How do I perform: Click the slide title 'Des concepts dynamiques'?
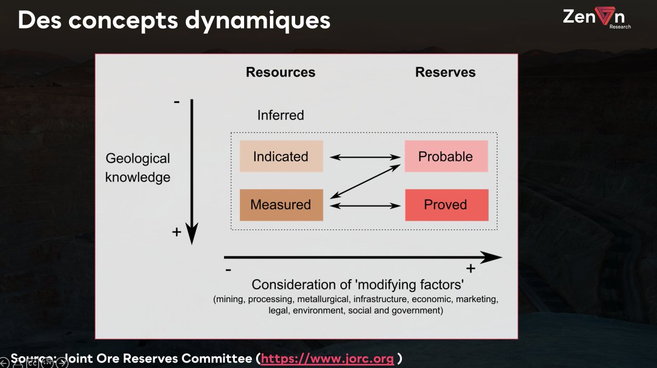coord(174,20)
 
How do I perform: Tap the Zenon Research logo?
coord(596,19)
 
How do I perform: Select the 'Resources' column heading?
coord(280,72)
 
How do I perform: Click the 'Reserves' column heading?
coord(445,72)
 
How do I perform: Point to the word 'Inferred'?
coord(280,116)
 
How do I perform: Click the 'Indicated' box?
coord(281,157)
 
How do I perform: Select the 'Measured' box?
coord(281,205)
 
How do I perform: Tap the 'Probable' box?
coord(446,157)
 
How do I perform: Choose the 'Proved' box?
coord(446,205)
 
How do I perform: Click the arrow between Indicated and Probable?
coord(364,157)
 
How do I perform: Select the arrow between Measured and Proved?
coord(364,205)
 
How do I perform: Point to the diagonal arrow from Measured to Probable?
coord(364,181)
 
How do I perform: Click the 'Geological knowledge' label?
coord(137,168)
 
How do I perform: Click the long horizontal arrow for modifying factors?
coord(361,257)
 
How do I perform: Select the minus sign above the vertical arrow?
coord(177,102)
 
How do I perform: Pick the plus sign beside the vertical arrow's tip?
coord(176,232)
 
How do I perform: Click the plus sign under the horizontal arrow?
coord(470,268)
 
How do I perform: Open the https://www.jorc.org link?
coord(327,359)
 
